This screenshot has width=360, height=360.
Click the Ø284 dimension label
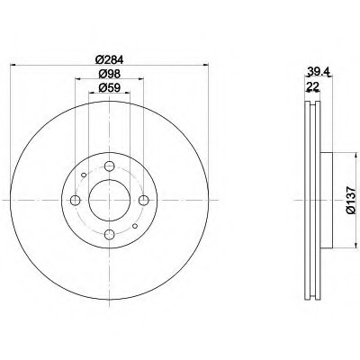tap(110, 60)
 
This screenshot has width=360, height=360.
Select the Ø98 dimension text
tap(110, 74)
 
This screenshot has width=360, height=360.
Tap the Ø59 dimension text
tap(110, 88)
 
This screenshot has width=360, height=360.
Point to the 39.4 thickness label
tap(319, 72)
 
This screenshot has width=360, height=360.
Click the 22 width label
tap(312, 86)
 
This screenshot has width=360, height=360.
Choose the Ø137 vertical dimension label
tap(351, 200)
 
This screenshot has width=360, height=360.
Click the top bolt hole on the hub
tap(110, 166)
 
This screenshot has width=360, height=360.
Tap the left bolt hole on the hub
tap(75, 200)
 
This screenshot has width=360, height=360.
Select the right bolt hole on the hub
tap(144, 200)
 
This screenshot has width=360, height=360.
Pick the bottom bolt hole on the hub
tap(110, 235)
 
